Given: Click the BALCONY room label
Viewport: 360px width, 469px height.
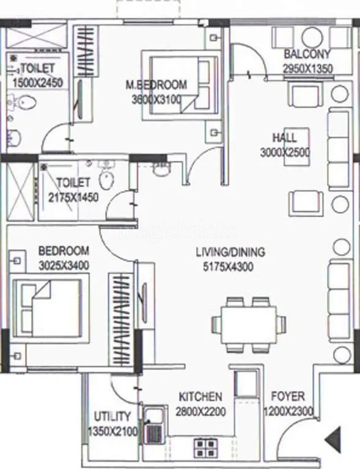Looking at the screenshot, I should (x=308, y=54).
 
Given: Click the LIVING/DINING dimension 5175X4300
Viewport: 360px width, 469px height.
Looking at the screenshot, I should (x=224, y=266).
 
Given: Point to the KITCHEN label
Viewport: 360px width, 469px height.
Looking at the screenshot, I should (x=200, y=397).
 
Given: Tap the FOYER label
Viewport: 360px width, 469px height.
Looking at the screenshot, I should (x=288, y=397).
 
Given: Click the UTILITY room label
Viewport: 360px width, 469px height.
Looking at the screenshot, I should (x=112, y=417).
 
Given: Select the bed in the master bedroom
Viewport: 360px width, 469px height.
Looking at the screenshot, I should (x=180, y=84).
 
